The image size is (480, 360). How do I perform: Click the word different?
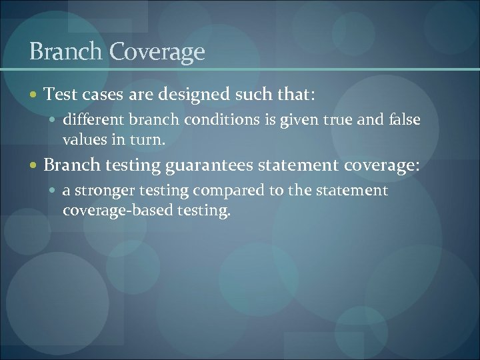[x=91, y=120]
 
